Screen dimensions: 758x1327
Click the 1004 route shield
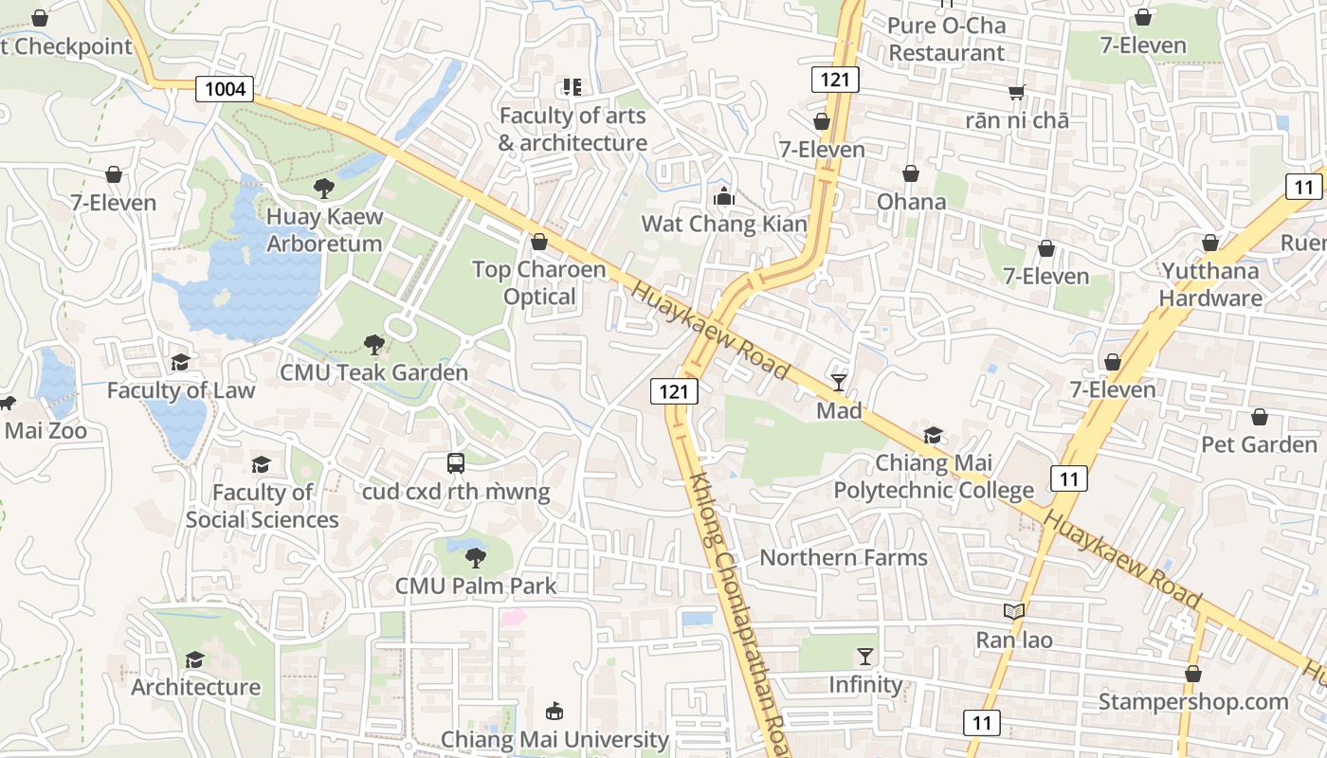click(226, 89)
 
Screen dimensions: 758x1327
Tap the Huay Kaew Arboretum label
click(324, 229)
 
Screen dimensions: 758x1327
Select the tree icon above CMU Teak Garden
click(373, 345)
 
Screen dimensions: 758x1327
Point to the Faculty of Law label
click(180, 390)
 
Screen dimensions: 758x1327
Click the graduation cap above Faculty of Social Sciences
click(261, 464)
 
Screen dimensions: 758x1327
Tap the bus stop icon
click(456, 463)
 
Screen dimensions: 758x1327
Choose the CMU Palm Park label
click(476, 586)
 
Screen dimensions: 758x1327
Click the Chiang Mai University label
click(554, 739)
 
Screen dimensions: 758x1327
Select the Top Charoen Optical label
click(538, 283)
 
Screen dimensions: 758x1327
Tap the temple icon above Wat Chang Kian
click(724, 197)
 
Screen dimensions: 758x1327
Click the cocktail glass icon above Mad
click(839, 383)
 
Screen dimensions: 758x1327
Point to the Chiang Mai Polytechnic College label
click(933, 477)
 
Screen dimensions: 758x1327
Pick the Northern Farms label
click(844, 557)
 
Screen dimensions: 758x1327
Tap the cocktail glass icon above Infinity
click(864, 657)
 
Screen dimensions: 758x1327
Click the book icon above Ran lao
click(1014, 612)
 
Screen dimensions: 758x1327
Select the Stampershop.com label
click(1192, 702)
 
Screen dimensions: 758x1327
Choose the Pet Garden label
click(1259, 444)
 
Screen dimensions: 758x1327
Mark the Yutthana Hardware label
click(1210, 284)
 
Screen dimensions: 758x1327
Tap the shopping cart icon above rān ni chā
click(1017, 93)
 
